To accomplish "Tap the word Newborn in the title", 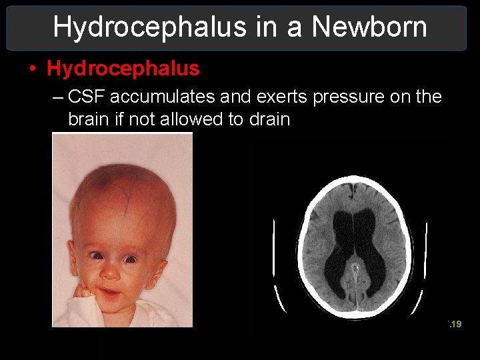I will (x=369, y=27).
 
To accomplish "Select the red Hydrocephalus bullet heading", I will (x=123, y=68).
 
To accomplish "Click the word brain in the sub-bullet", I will (x=87, y=120).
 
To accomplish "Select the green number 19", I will (x=456, y=325).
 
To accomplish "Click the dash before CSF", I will (x=58, y=97).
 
